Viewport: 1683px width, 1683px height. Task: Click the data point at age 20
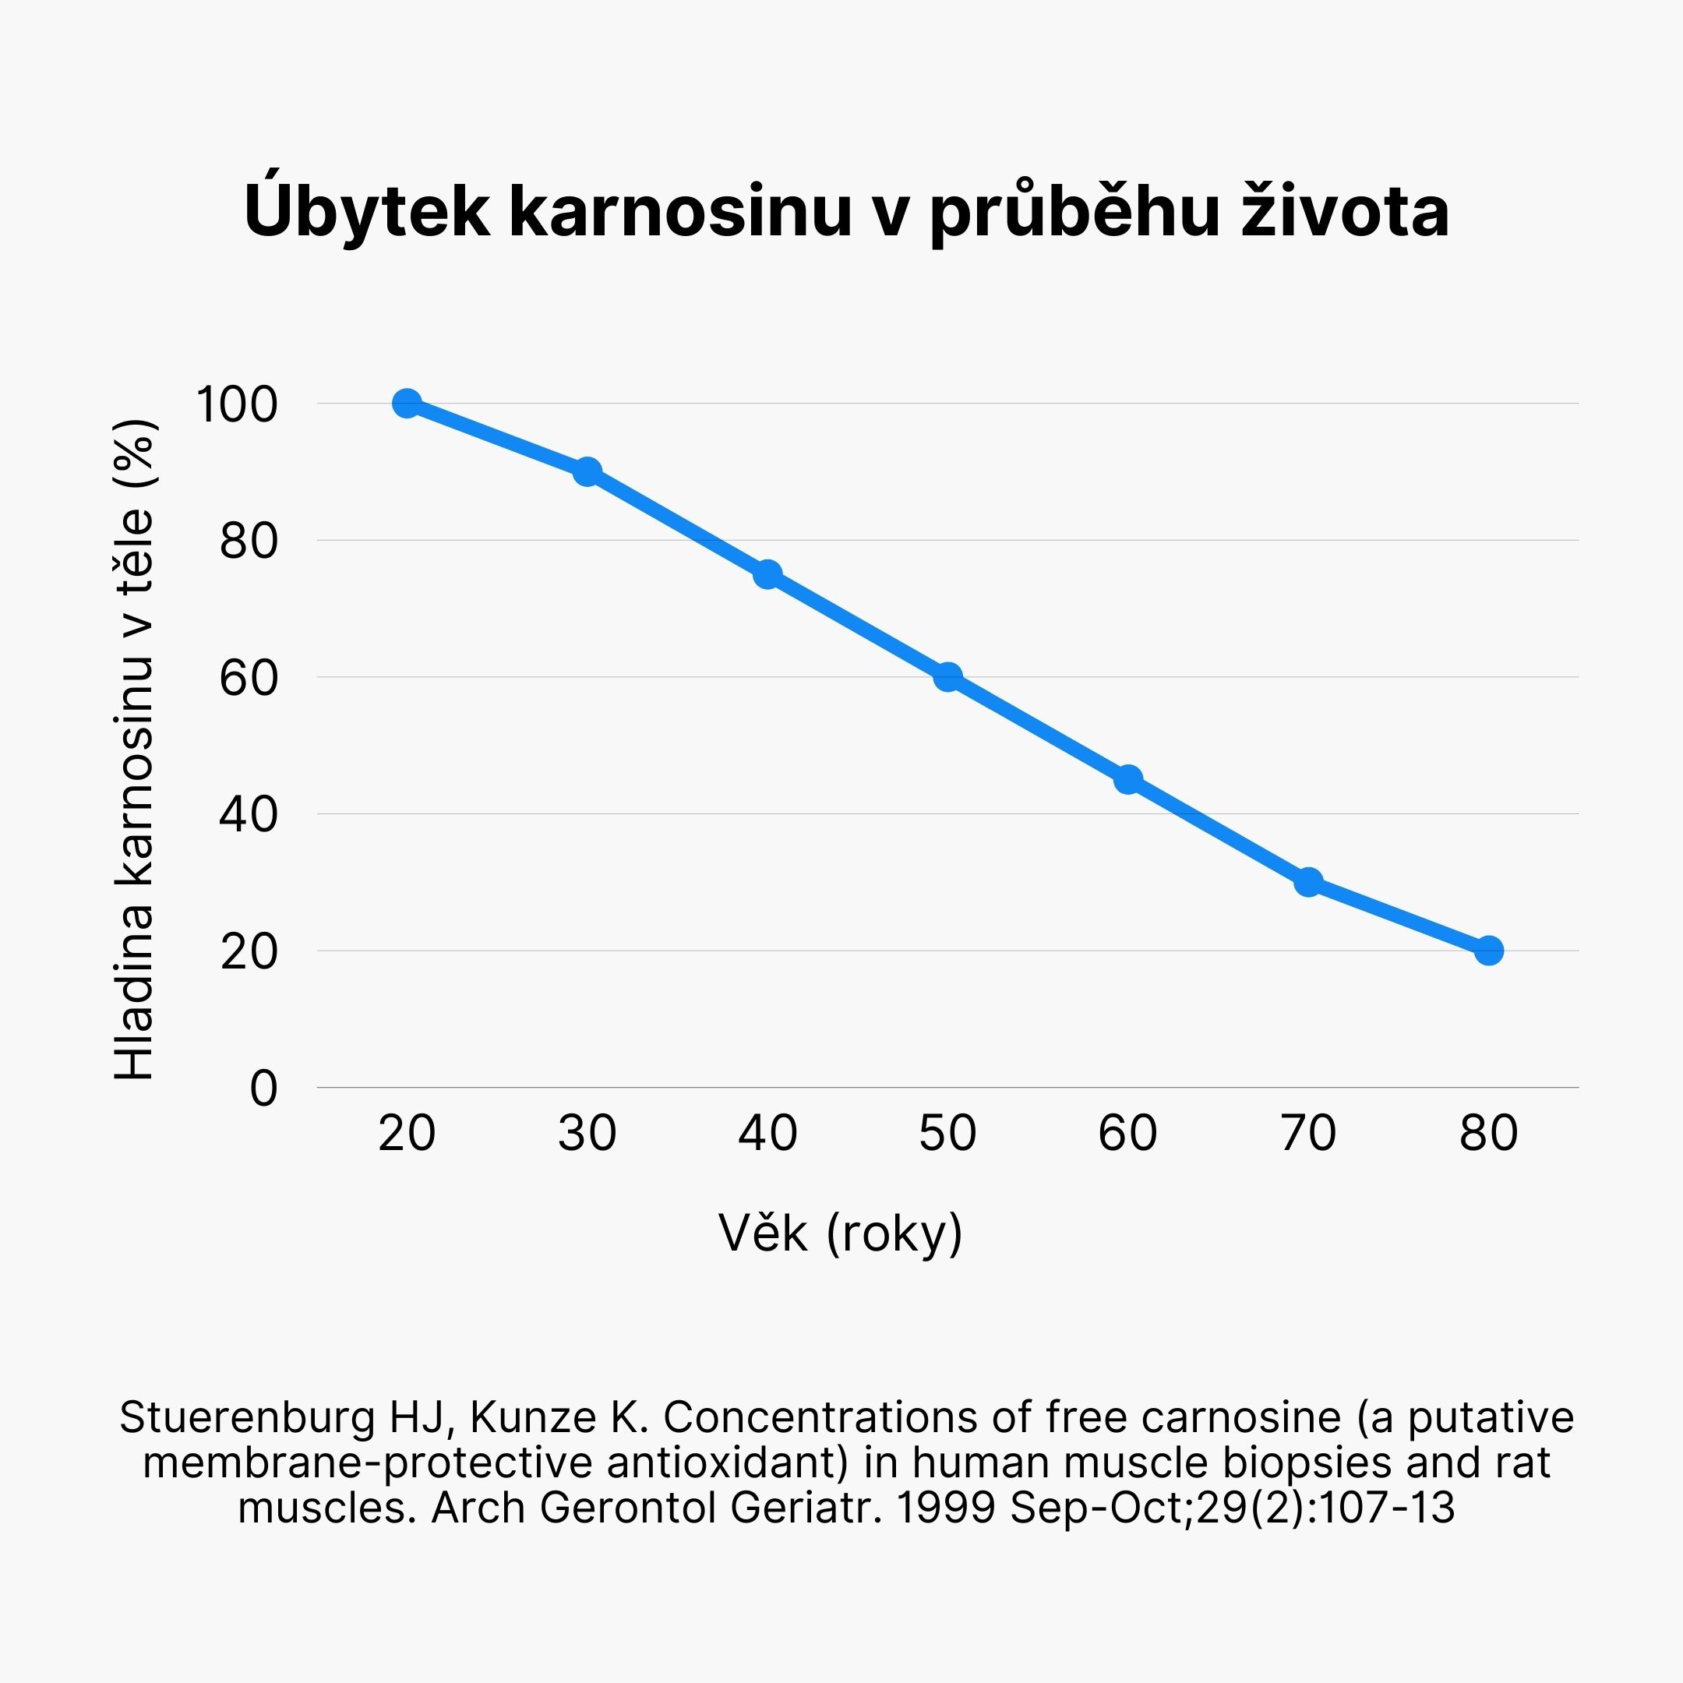407,404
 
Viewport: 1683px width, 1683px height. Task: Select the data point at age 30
587,471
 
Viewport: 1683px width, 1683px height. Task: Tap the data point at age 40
767,574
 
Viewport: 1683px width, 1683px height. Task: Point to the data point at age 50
947,677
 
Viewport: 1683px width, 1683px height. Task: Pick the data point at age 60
1128,779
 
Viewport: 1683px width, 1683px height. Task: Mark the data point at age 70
1308,881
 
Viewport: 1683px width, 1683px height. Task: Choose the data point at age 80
1489,951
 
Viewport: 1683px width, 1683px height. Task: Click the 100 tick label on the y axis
237,405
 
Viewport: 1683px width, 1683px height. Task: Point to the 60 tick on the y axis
249,679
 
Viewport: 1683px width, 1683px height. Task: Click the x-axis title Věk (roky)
841,1233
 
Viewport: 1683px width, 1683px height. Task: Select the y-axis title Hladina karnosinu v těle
135,749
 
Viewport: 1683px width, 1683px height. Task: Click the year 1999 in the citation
945,1508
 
